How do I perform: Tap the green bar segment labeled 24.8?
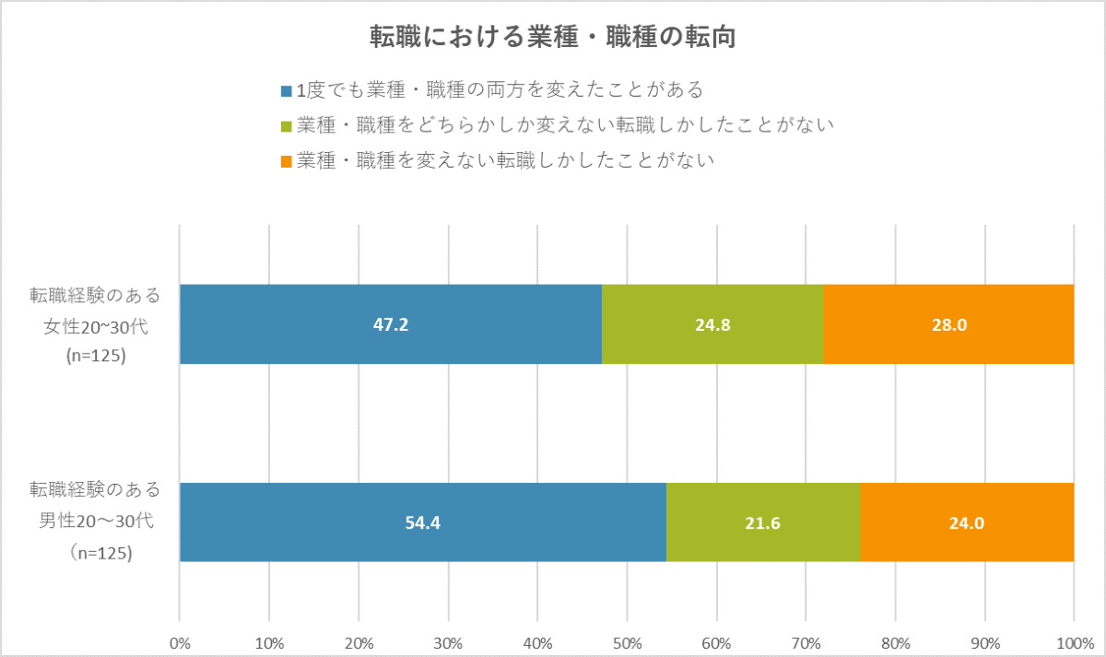point(712,324)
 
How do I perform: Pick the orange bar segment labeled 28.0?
point(947,324)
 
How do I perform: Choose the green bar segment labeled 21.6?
point(762,522)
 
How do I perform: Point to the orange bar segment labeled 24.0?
point(966,522)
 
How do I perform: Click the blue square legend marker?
point(286,91)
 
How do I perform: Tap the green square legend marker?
point(286,126)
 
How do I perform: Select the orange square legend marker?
point(286,161)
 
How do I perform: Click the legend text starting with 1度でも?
point(499,90)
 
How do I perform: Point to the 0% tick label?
point(181,641)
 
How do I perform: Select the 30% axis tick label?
point(448,641)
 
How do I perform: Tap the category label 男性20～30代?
point(96,521)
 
